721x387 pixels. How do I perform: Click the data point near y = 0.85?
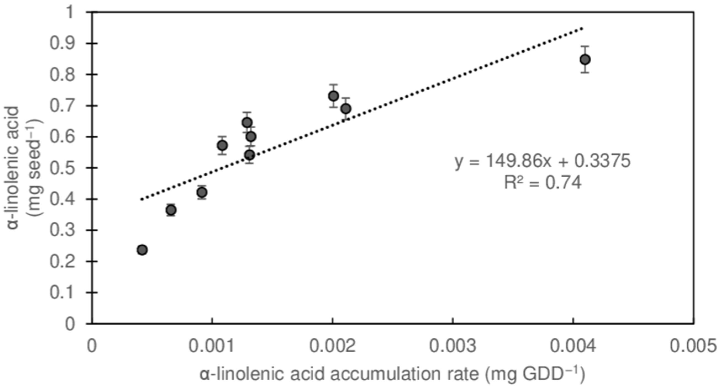pos(585,60)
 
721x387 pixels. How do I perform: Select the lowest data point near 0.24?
pos(142,250)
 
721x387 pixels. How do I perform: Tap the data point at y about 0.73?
pos(333,96)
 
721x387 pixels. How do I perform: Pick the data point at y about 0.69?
pos(346,108)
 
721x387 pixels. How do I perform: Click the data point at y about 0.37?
pos(171,210)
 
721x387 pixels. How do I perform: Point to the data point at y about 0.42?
pos(202,192)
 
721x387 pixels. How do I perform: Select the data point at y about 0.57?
pos(222,145)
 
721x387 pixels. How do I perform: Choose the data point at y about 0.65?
pos(247,122)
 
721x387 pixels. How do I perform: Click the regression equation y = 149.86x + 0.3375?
pos(542,162)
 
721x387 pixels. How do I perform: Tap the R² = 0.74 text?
pos(542,183)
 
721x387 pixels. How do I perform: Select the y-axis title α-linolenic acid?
pos(14,168)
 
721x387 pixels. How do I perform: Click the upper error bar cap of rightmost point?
pos(585,46)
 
